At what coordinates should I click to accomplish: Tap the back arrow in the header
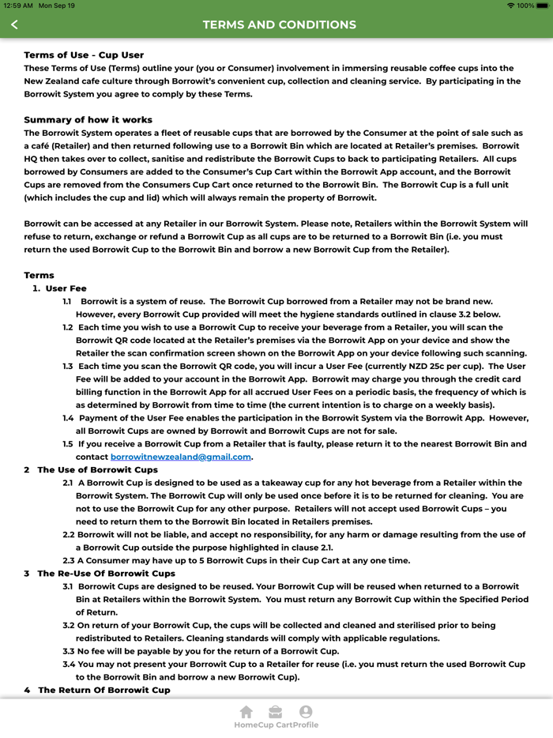[14, 24]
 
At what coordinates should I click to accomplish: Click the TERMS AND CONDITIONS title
[279, 24]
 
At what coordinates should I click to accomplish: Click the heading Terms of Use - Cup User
[84, 55]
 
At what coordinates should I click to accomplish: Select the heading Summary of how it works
[88, 120]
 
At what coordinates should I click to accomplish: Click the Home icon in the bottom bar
[246, 712]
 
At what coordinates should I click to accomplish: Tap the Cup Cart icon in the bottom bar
[275, 712]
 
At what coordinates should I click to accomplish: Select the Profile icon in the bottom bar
[306, 712]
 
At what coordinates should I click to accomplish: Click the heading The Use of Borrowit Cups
[97, 470]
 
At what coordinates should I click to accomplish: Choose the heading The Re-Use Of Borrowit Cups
[106, 574]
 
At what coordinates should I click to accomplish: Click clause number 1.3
[68, 366]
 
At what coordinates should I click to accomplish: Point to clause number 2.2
[69, 535]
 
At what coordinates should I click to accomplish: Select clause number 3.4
[69, 665]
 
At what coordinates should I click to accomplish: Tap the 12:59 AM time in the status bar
[17, 6]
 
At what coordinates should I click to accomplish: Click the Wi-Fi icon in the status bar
[511, 6]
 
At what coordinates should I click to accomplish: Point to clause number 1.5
[68, 444]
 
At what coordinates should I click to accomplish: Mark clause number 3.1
[68, 586]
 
